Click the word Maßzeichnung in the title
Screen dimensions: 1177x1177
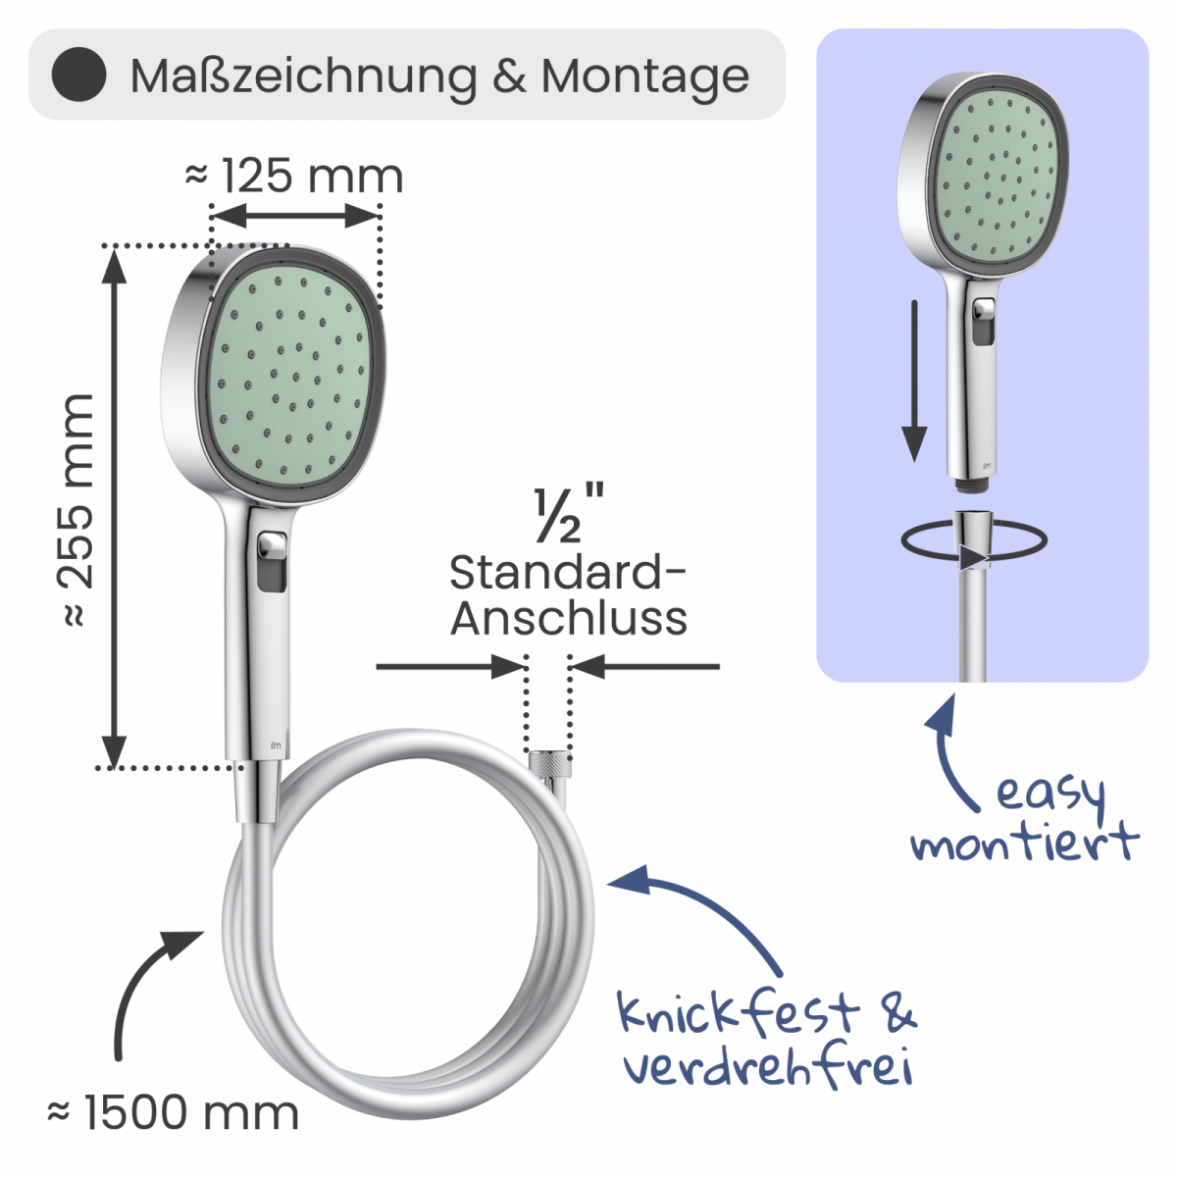point(303,77)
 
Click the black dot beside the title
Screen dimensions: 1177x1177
point(79,75)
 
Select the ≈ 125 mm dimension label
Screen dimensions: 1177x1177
point(294,176)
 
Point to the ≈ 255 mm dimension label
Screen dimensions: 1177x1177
point(76,510)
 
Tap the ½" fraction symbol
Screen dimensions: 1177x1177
point(568,513)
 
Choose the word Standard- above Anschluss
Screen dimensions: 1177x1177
point(568,573)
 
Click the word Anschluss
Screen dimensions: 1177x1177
point(569,618)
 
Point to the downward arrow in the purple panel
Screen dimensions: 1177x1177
point(914,381)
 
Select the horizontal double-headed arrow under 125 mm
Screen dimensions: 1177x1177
point(295,216)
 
